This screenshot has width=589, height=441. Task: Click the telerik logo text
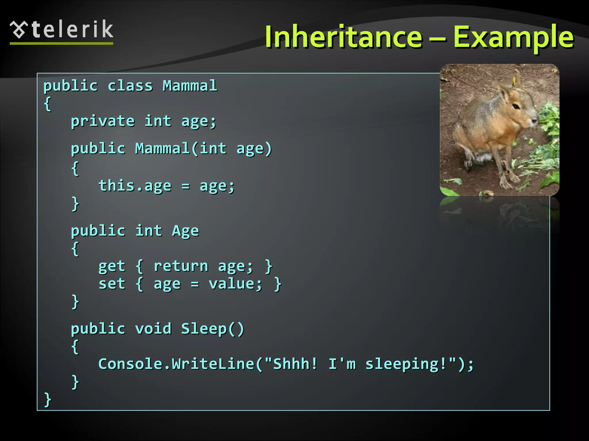72,30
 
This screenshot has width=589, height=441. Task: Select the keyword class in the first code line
130,86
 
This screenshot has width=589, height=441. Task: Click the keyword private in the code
103,121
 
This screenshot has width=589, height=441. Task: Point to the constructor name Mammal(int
181,148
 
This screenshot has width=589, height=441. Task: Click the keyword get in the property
112,266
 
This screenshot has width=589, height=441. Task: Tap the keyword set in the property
112,284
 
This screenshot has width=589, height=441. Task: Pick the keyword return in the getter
181,266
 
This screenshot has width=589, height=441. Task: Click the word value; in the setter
235,284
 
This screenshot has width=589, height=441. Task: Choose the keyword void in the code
153,328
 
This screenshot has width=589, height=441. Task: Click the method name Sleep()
213,328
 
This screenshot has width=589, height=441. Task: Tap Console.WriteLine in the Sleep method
176,364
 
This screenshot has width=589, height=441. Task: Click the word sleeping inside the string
402,364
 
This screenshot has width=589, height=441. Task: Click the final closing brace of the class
47,399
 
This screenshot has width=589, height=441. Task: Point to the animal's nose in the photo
536,121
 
